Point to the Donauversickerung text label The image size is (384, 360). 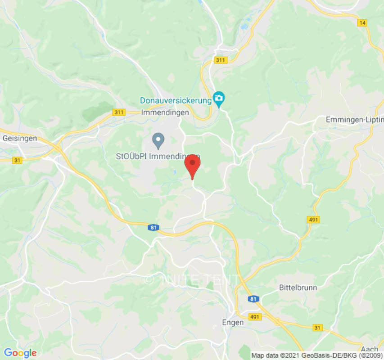point(175,100)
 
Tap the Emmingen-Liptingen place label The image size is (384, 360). point(354,120)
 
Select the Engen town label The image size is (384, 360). point(233,322)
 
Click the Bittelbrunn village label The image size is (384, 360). point(298,287)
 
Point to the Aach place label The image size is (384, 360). point(369,349)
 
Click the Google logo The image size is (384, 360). point(20,353)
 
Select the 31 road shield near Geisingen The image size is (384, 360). point(18,160)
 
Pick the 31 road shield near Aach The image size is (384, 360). point(318,328)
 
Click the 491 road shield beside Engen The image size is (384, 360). point(254,317)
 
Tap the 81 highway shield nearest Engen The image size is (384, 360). point(253,299)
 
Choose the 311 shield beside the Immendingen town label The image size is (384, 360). point(119,112)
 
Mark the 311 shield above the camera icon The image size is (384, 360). point(221,60)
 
